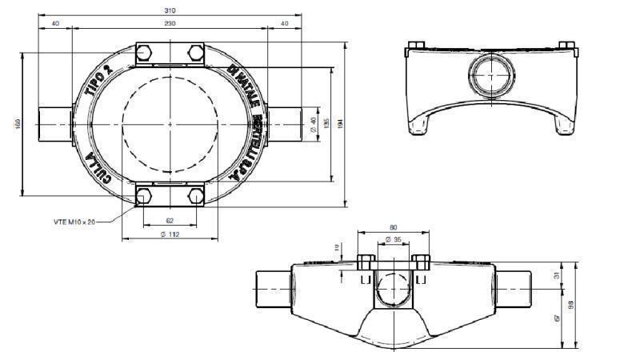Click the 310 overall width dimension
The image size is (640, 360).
pos(169,10)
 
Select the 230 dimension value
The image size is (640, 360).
pos(170,23)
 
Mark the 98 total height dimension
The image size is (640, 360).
pos(572,305)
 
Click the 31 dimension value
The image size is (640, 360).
pos(558,275)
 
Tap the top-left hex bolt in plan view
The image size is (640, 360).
pos(145,54)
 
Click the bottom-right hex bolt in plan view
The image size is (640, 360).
pos(194,195)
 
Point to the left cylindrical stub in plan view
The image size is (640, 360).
pos(54,123)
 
